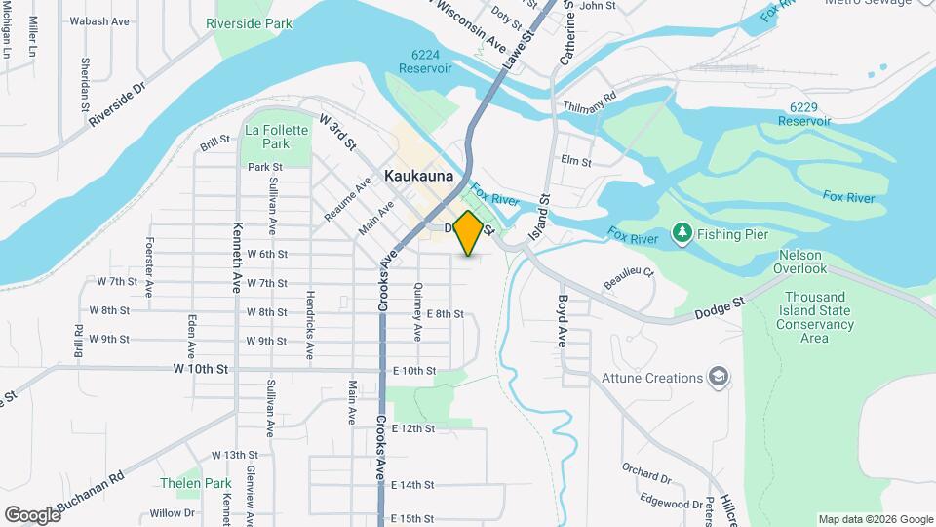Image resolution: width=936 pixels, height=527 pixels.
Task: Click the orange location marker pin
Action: pos(468,232)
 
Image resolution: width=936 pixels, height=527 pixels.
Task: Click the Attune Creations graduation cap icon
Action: pos(719,378)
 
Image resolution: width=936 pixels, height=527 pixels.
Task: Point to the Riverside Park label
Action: pos(249,22)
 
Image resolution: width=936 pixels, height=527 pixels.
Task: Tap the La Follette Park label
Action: pos(267,137)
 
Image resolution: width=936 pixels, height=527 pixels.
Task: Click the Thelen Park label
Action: pos(196,483)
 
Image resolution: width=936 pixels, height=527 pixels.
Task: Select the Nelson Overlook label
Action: pos(802,262)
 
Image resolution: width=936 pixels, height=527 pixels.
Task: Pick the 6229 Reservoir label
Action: pos(804,113)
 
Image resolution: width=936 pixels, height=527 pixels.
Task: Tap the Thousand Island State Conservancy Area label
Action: pos(813,317)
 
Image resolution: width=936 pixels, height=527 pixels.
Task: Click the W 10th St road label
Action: pos(200,370)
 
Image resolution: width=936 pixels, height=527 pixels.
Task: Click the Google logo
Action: pos(32,514)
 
